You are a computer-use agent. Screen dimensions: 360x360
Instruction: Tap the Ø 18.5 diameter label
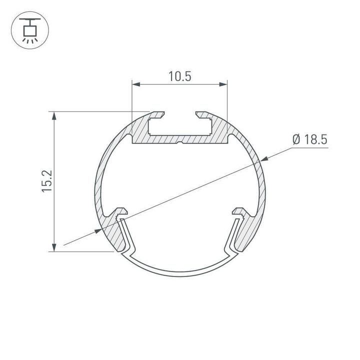[x=310, y=139]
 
